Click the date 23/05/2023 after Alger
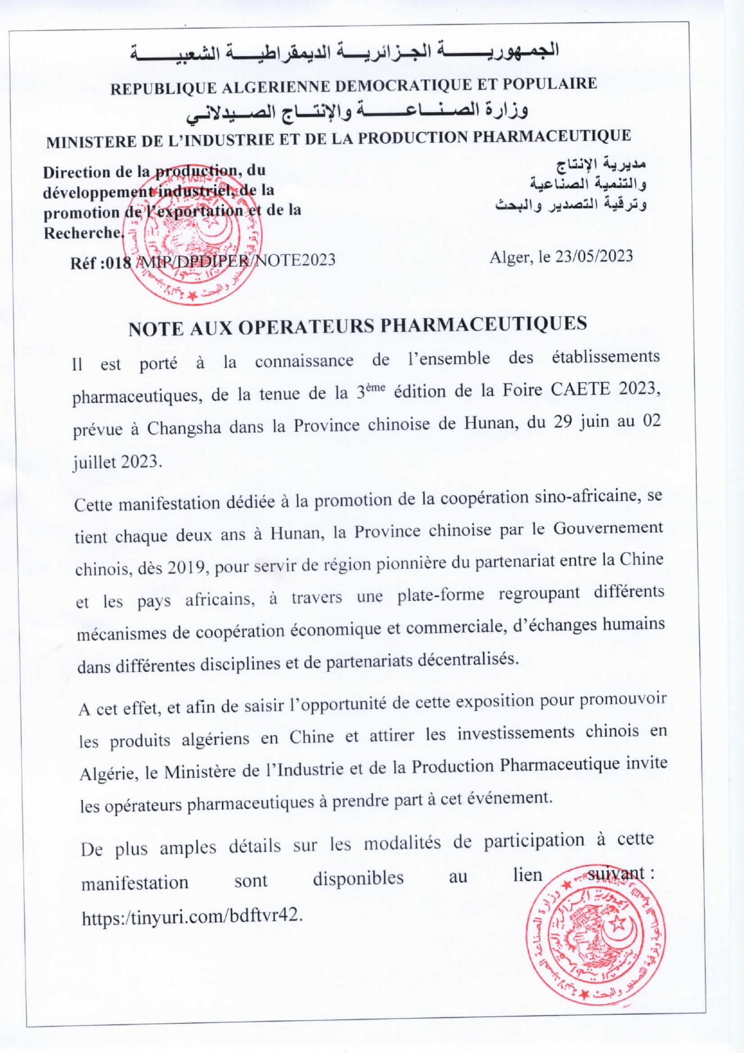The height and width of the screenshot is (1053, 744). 593,256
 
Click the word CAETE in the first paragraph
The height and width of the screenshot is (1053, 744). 581,389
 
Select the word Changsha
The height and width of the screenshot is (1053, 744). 184,428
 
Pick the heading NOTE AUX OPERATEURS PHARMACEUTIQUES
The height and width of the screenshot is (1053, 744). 358,326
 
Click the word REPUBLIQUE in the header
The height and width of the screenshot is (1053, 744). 163,88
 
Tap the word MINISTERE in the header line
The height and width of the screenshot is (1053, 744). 91,142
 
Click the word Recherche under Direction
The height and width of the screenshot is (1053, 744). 83,233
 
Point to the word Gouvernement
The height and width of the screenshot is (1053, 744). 607,528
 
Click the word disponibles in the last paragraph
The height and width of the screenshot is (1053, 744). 358,878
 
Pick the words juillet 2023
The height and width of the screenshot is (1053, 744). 117,463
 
